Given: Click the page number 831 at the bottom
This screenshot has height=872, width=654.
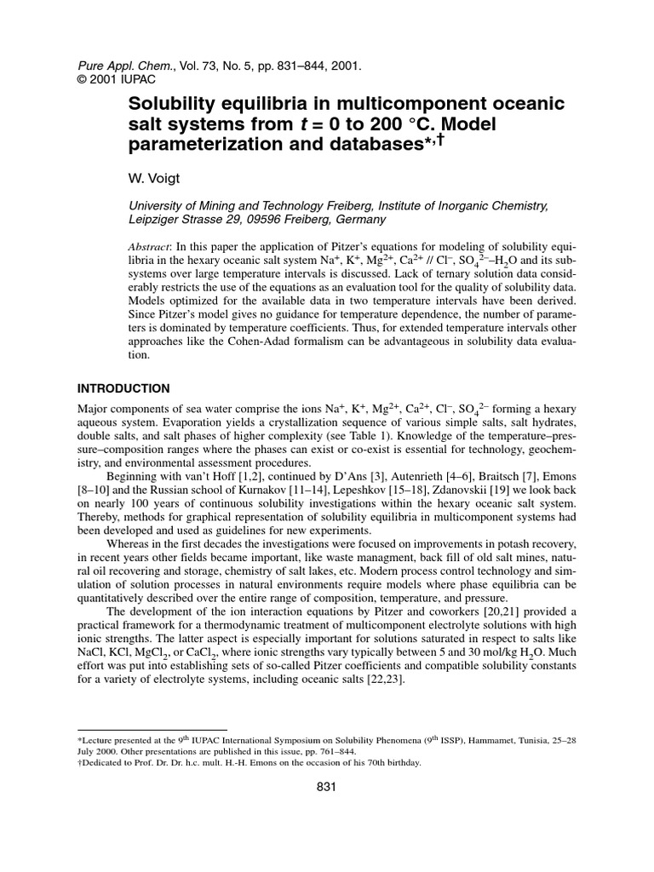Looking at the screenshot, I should pos(327,788).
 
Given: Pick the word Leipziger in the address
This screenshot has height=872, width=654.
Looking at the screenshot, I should pos(154,219).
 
